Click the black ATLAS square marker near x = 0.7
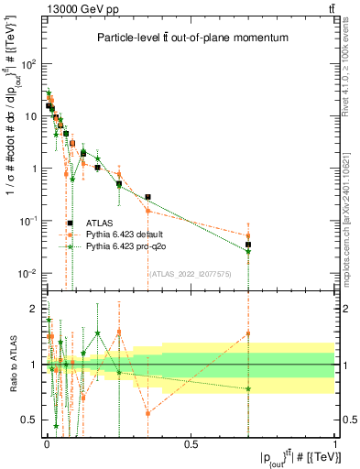point(248,245)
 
